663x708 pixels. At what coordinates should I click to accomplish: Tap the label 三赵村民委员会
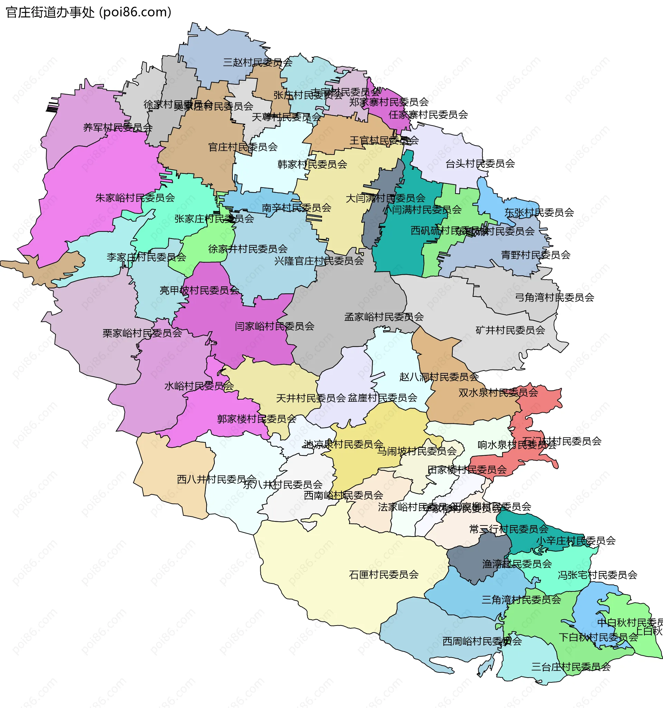point(257,63)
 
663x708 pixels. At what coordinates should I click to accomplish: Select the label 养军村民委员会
point(118,128)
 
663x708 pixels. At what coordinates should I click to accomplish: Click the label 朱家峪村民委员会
point(135,198)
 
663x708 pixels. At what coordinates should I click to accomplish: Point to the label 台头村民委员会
point(480,164)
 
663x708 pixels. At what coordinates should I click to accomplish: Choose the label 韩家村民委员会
point(312,165)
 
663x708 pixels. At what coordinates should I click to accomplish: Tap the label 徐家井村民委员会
point(248,249)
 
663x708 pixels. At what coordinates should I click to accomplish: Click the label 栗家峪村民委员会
point(142,333)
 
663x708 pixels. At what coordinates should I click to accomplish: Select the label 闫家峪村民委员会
point(274,326)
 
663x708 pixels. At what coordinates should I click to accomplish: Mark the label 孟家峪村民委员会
point(384,317)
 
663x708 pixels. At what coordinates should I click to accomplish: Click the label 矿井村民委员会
point(510,331)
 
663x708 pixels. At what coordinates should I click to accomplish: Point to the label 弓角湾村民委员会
point(554,297)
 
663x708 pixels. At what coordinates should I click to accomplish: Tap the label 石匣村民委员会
point(384,575)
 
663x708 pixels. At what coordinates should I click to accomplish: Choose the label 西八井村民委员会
point(217,479)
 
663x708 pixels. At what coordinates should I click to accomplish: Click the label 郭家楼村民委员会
point(257,419)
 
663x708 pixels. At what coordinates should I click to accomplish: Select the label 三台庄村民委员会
point(571,667)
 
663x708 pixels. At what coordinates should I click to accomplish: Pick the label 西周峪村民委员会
point(482,641)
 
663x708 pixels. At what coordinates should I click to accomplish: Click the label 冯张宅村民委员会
point(597,575)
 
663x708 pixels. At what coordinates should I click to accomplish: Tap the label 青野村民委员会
point(535,255)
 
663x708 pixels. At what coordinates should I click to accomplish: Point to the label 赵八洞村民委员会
point(439,377)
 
